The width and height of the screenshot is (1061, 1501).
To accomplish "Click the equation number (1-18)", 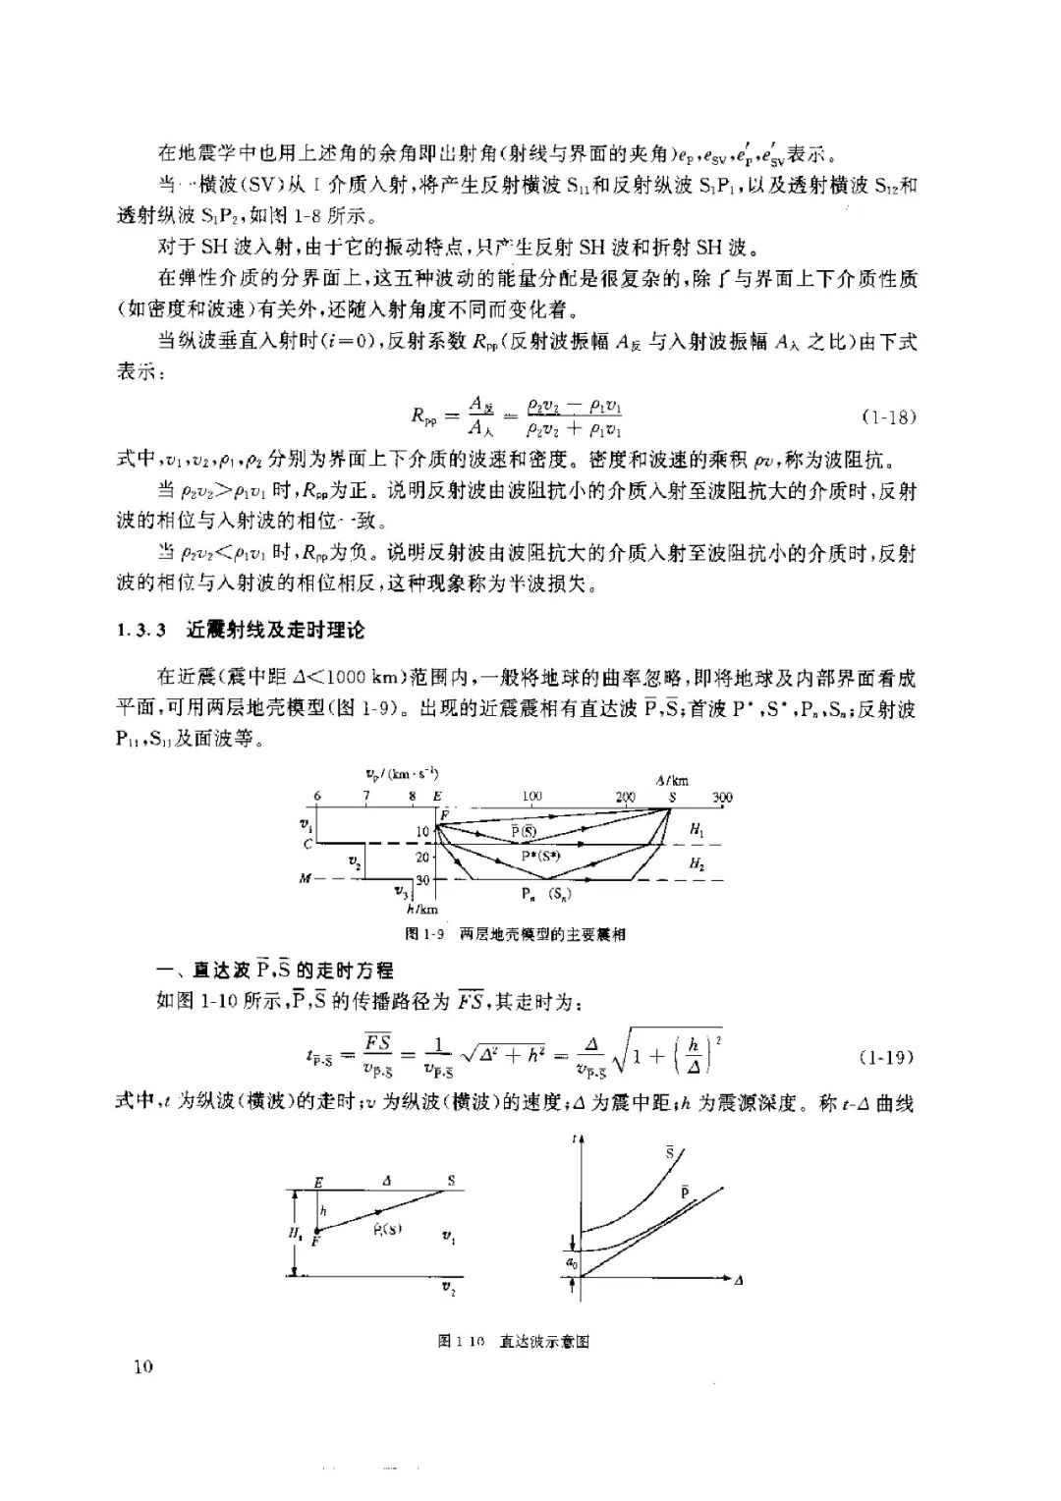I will [888, 417].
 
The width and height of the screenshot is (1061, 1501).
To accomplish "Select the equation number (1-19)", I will [887, 1057].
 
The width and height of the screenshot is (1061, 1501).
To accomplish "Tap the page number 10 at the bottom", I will [143, 1367].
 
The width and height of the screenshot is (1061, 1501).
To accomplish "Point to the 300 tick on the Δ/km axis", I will [722, 797].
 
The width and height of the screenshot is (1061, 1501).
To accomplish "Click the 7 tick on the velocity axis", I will [366, 796].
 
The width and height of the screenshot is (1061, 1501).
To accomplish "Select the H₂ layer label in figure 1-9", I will [697, 863].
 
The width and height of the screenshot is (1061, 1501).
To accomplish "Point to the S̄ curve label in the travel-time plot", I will [670, 1152].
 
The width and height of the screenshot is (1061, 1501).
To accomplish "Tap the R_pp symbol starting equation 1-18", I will [423, 417].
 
